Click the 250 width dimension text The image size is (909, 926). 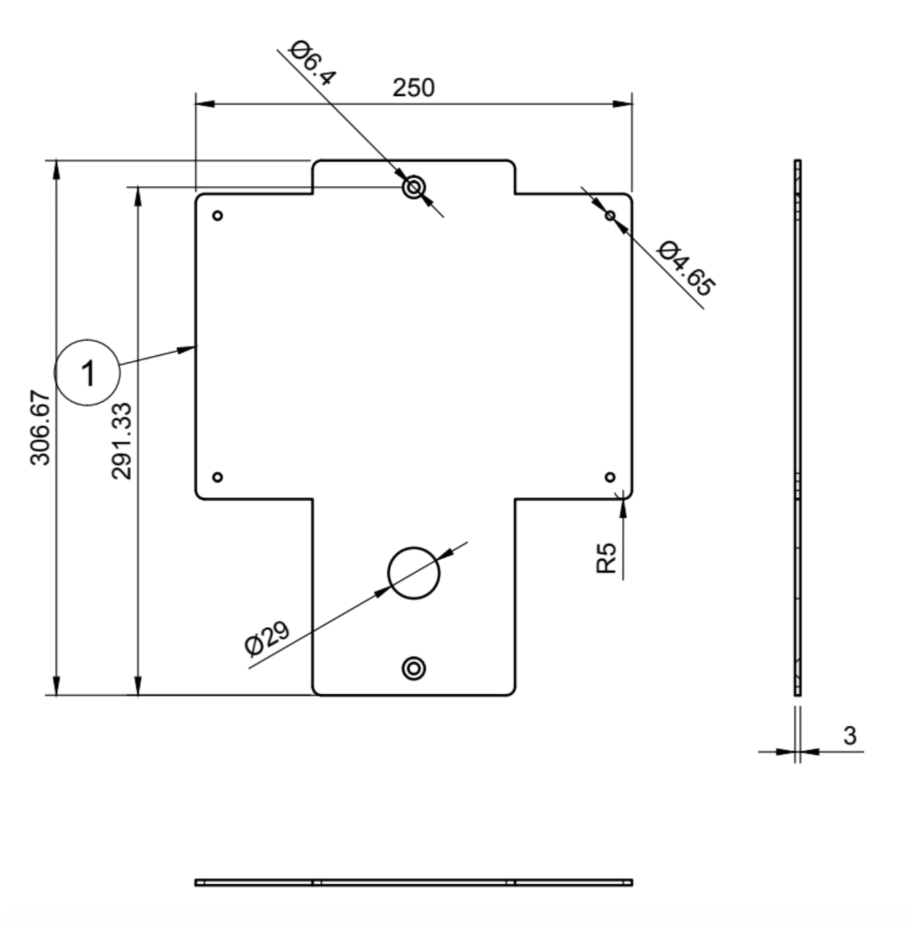413,88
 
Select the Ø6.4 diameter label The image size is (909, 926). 312,63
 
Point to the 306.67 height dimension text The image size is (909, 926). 40,427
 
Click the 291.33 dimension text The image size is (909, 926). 121,441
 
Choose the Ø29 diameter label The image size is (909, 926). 267,639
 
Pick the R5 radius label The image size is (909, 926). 606,558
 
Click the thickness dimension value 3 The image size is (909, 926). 850,736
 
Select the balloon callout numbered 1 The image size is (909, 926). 87,373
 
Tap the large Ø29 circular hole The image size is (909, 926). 414,547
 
